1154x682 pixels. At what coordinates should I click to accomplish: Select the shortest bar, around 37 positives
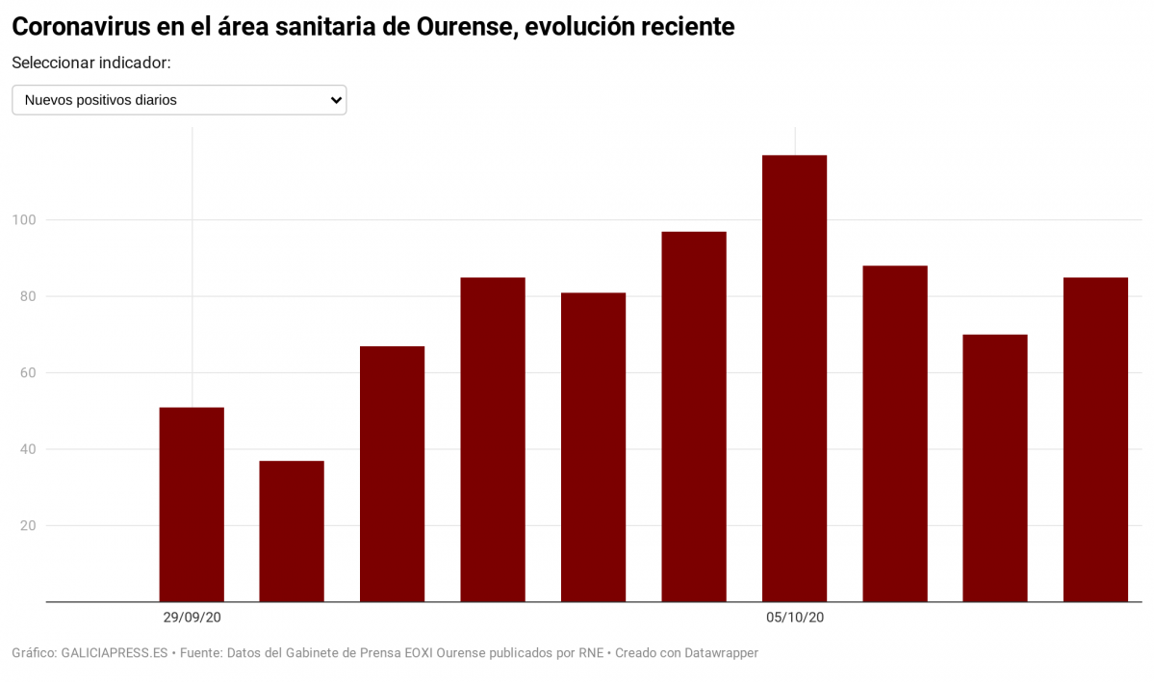(x=292, y=531)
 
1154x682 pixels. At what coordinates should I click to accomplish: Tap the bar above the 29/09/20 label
(x=192, y=504)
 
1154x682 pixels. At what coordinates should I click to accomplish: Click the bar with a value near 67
(x=392, y=473)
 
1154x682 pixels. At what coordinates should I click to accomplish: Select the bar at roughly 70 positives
(x=995, y=467)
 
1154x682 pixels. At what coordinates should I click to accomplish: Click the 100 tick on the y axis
(x=24, y=220)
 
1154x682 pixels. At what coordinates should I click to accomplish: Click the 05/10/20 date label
(x=795, y=618)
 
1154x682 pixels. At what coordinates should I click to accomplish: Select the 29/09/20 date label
(x=192, y=618)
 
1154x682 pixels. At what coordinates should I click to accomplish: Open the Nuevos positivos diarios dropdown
(x=179, y=100)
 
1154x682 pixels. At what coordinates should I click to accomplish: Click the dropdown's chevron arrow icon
(x=336, y=100)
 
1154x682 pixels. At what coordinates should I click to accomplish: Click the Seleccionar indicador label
(x=91, y=63)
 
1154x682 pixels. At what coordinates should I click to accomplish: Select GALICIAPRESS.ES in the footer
(x=115, y=653)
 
